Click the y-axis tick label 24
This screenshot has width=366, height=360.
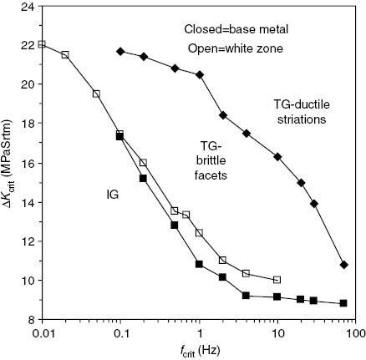click(x=28, y=7)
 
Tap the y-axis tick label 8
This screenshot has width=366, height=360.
click(x=31, y=319)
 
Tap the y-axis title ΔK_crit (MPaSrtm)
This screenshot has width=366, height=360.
click(x=9, y=163)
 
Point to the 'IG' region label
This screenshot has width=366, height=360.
click(x=112, y=194)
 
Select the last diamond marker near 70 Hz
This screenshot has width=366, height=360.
click(x=344, y=265)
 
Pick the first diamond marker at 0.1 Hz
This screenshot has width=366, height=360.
click(x=120, y=52)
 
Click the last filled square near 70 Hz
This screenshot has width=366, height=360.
click(x=344, y=303)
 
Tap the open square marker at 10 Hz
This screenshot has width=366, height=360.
click(x=277, y=280)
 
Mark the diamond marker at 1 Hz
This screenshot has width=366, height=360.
click(x=199, y=75)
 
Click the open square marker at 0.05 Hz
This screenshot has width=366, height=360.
click(x=96, y=94)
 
